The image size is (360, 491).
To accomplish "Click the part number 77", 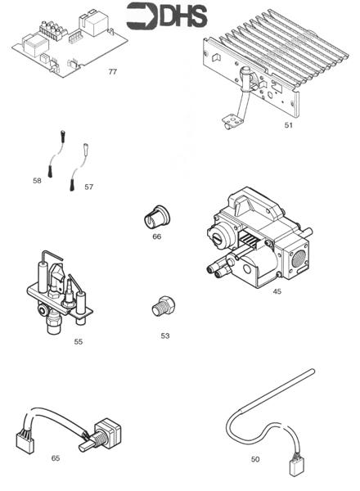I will pos(113,72).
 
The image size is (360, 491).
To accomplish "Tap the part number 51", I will pos(288,126).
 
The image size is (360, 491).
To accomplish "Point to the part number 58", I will pos(37,181).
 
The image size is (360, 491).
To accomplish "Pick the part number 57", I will pos(88,187).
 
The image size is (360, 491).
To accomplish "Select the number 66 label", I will pos(156,236).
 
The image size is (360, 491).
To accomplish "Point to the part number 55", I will pos(79,341).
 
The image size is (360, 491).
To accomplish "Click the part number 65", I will pos(56,457).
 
